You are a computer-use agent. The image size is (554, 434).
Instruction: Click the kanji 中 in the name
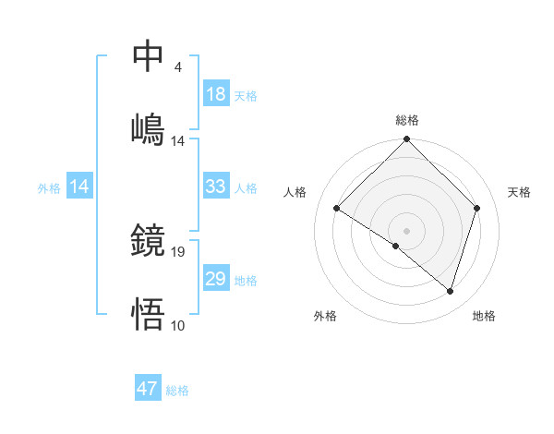pyautogui.click(x=149, y=55)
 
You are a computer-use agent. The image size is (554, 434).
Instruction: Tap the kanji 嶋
pyautogui.click(x=149, y=128)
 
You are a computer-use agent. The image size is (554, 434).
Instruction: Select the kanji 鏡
pyautogui.click(x=149, y=240)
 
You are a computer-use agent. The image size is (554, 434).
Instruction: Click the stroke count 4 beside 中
pyautogui.click(x=177, y=67)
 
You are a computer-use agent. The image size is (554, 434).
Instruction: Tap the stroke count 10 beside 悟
pyautogui.click(x=178, y=325)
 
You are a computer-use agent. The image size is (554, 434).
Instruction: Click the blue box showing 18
pyautogui.click(x=215, y=95)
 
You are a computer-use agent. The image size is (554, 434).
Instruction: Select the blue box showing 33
pyautogui.click(x=215, y=187)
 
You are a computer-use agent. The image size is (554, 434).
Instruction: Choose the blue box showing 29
pyautogui.click(x=215, y=279)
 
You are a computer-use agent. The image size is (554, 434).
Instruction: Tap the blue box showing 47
pyautogui.click(x=148, y=389)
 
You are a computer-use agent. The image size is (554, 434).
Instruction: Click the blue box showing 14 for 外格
pyautogui.click(x=79, y=187)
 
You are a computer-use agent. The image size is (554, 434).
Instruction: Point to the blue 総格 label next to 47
pyautogui.click(x=177, y=391)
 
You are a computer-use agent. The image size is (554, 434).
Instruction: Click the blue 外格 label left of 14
pyautogui.click(x=49, y=188)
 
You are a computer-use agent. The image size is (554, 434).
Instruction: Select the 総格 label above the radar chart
pyautogui.click(x=407, y=120)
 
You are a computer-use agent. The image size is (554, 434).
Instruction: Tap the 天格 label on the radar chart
pyautogui.click(x=519, y=192)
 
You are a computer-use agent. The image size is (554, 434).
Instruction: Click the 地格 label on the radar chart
pyautogui.click(x=484, y=316)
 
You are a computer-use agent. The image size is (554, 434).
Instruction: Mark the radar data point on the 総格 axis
pyautogui.click(x=407, y=140)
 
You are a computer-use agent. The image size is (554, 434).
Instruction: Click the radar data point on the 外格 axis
pyautogui.click(x=396, y=246)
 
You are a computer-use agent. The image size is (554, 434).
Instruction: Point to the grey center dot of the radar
pyautogui.click(x=407, y=230)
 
